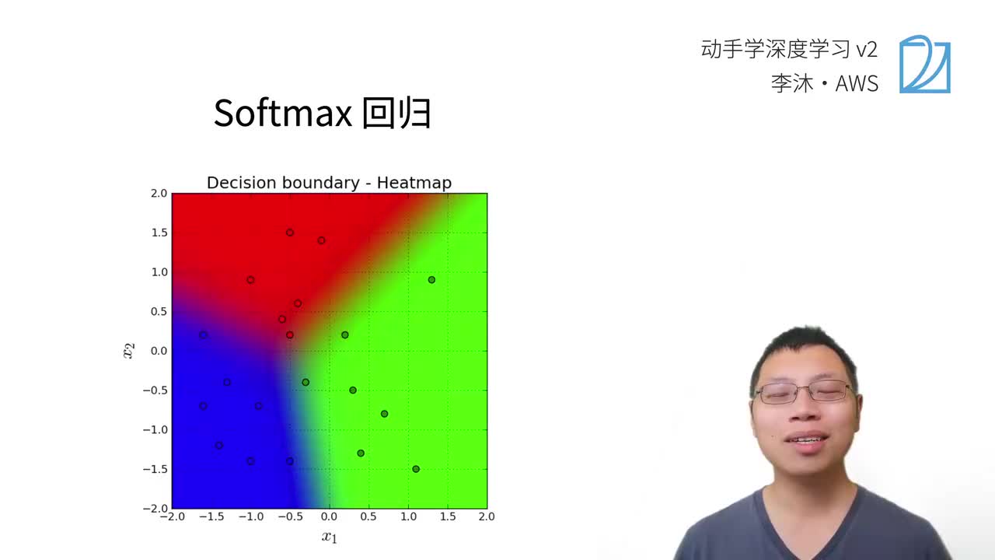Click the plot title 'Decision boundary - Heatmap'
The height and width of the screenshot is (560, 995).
[x=329, y=183]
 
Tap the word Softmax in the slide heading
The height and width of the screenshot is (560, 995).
[x=282, y=114]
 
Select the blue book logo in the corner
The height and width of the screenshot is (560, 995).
[x=924, y=64]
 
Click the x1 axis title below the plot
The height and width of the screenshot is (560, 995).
[x=330, y=537]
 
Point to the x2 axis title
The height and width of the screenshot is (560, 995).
[x=129, y=351]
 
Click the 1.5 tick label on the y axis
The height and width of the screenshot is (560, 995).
[x=158, y=233]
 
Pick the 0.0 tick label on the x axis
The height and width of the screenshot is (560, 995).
[x=329, y=516]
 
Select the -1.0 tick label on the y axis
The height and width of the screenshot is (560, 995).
[x=155, y=429]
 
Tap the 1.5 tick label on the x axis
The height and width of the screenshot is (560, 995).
[x=448, y=516]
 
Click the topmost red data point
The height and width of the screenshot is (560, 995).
[x=290, y=233]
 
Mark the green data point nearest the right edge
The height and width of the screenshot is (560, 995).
[x=431, y=280]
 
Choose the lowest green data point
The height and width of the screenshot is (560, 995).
[x=416, y=469]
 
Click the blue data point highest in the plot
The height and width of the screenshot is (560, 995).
[x=204, y=334]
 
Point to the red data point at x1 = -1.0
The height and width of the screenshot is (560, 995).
[x=250, y=280]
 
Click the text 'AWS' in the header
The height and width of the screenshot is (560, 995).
[x=857, y=83]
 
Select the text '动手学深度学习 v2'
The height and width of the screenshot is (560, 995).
[x=789, y=50]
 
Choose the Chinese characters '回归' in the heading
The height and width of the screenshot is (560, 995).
[x=397, y=114]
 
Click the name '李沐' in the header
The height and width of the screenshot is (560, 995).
[x=792, y=83]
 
